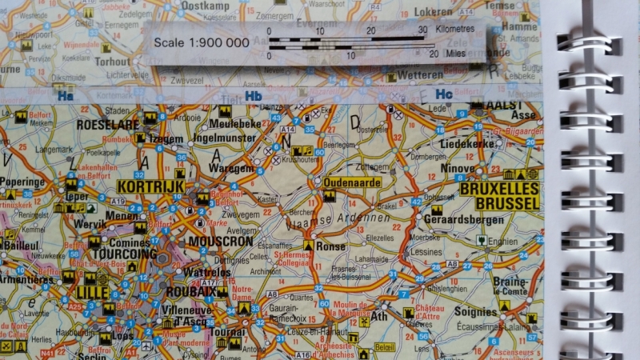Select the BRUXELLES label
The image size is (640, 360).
click(x=499, y=189)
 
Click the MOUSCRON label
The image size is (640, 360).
click(x=220, y=240)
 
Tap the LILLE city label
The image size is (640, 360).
click(x=93, y=293)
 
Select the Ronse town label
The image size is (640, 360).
click(x=330, y=246)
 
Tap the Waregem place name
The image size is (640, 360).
click(x=228, y=169)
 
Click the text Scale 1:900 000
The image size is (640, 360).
click(x=201, y=43)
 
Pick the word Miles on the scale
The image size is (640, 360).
click(x=457, y=54)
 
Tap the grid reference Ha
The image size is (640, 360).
click(x=66, y=95)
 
